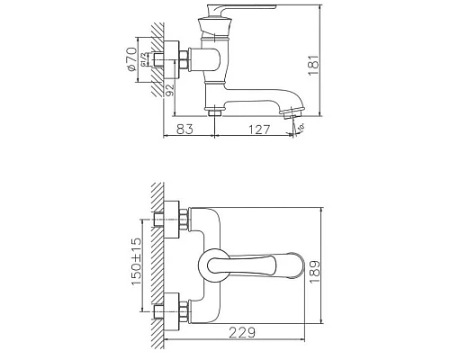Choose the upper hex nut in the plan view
click(183, 219)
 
